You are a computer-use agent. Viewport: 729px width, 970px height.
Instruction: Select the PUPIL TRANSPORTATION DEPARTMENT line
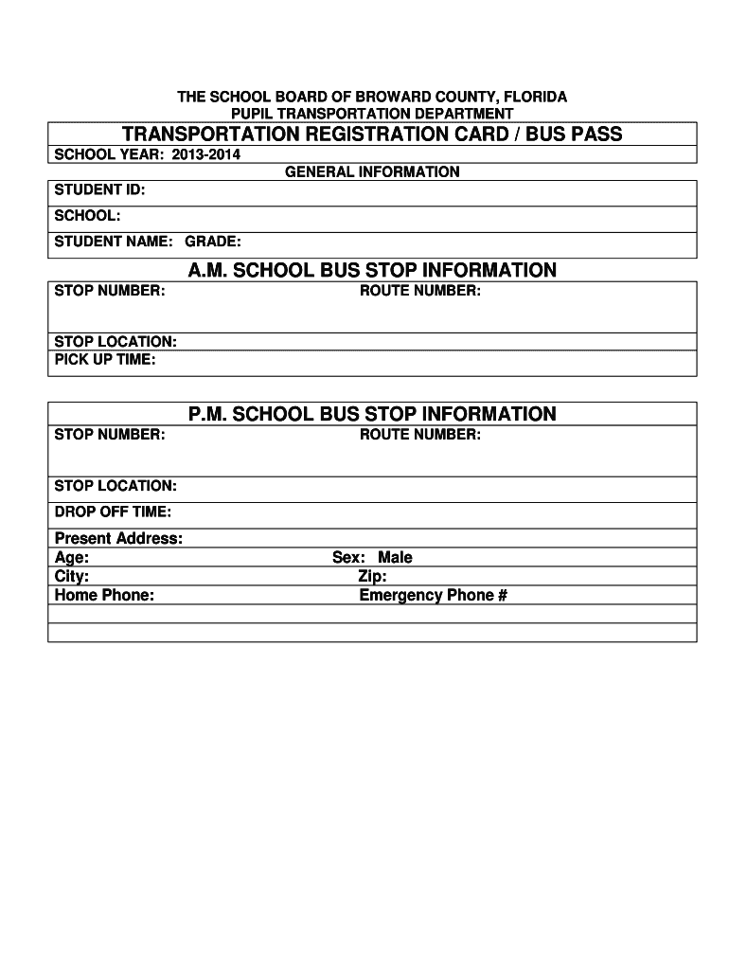tap(373, 114)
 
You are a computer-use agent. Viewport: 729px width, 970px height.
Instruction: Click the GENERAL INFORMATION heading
tap(372, 172)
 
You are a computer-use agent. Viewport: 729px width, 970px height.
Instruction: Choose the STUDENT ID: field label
tap(99, 190)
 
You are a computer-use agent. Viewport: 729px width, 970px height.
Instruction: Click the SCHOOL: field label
tap(87, 216)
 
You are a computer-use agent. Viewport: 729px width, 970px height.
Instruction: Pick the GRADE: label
tap(213, 242)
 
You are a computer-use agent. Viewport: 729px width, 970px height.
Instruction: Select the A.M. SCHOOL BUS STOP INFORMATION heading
tap(372, 271)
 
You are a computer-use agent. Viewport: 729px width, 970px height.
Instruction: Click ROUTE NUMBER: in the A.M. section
tap(420, 291)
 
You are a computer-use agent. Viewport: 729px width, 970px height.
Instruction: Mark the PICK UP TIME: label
tap(105, 360)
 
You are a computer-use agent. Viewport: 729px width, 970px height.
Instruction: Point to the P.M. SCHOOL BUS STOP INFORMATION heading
tap(372, 414)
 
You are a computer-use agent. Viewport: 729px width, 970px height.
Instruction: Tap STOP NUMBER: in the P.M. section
tap(110, 435)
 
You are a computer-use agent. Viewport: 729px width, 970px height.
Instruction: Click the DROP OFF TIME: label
tap(113, 512)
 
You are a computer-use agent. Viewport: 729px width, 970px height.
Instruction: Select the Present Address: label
tap(118, 539)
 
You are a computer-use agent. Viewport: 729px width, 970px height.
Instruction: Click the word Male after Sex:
tap(396, 558)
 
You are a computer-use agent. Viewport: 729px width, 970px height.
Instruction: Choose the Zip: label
tap(372, 577)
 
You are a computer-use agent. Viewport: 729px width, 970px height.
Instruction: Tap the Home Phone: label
tap(104, 596)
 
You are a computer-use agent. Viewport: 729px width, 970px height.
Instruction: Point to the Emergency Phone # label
tap(434, 596)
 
